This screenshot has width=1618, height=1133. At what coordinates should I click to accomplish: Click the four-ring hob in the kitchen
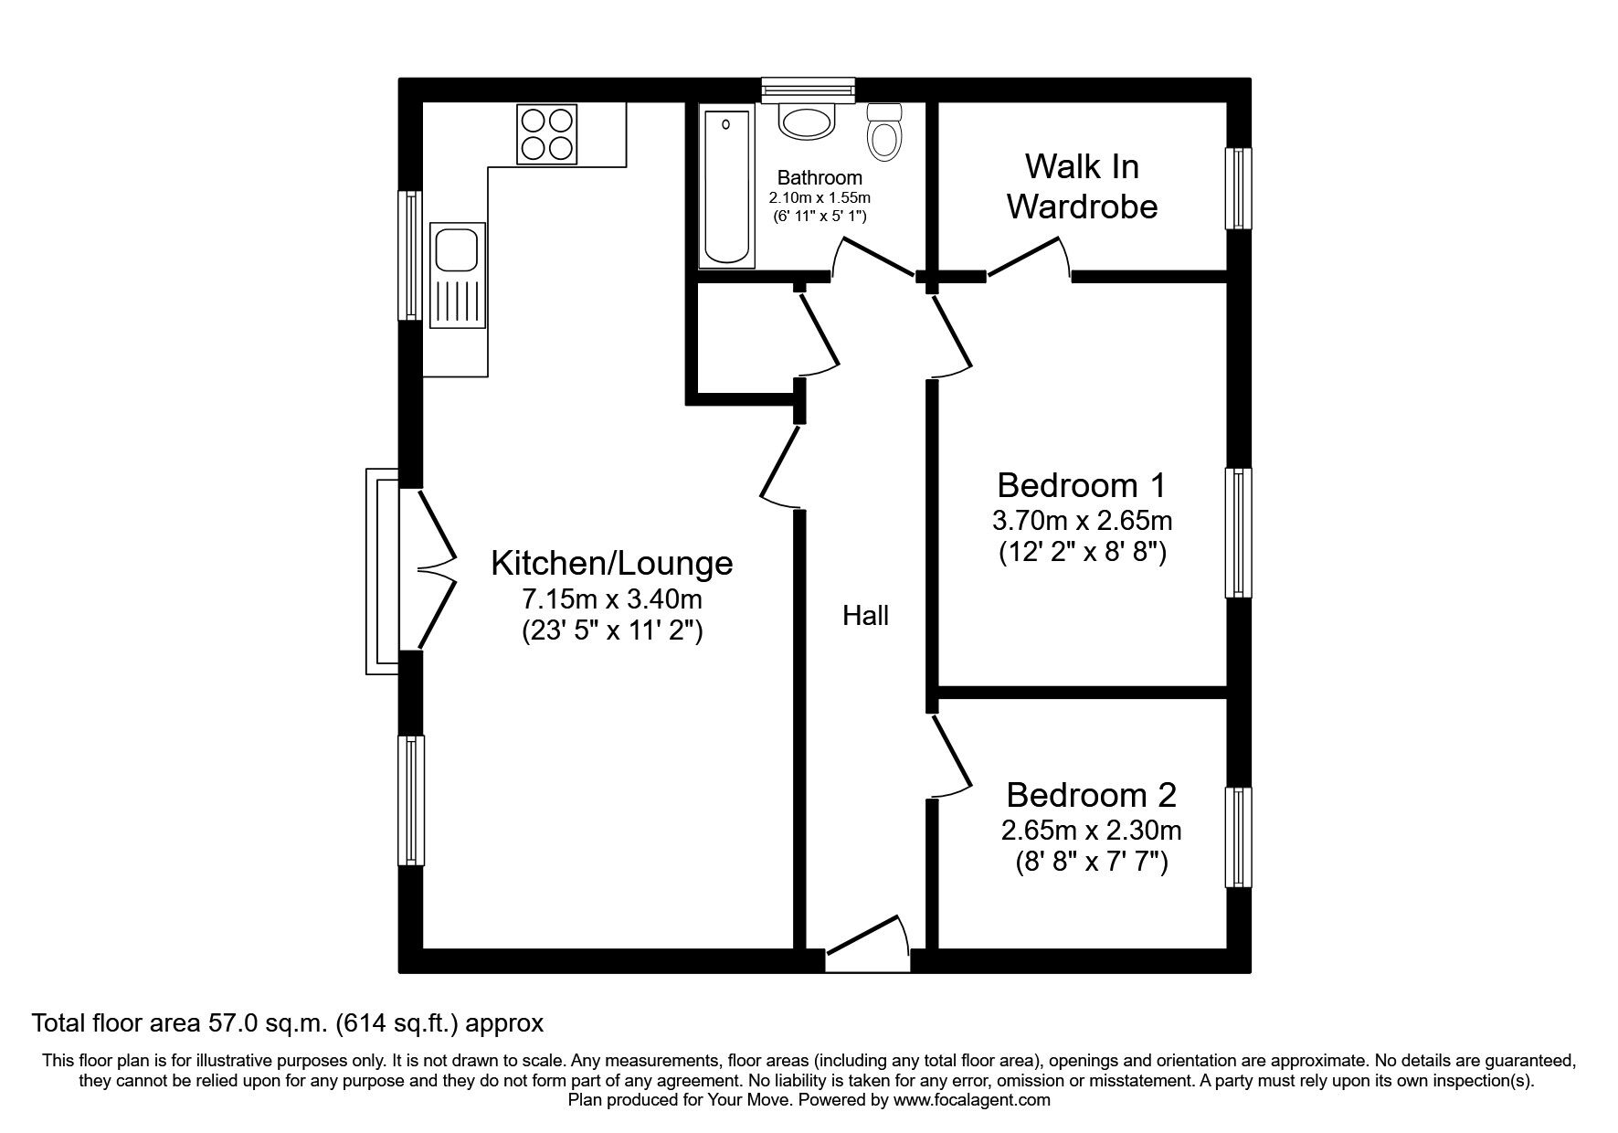pos(547,134)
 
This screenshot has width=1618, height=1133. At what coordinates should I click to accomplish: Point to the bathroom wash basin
pos(808,122)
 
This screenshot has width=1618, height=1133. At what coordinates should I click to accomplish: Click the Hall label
pos(865,616)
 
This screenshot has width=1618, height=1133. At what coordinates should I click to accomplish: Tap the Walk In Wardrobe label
pos(1082,186)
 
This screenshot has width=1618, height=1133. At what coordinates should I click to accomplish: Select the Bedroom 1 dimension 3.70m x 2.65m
pos(1082,521)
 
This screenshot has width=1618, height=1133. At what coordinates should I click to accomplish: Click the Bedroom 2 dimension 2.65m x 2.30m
pos(1091,831)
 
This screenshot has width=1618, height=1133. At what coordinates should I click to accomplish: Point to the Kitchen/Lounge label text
pos(611,563)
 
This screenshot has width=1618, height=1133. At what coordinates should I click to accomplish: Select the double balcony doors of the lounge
pos(436,570)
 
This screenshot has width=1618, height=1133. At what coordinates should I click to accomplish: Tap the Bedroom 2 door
pos(950,756)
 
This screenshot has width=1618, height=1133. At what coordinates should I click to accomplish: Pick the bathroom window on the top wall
pos(809,89)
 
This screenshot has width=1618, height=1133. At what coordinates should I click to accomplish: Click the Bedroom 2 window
pos(1237,837)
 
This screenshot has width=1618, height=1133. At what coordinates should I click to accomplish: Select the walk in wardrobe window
pos(1237,188)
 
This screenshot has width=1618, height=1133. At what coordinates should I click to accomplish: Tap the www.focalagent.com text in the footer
pos(971,1100)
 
